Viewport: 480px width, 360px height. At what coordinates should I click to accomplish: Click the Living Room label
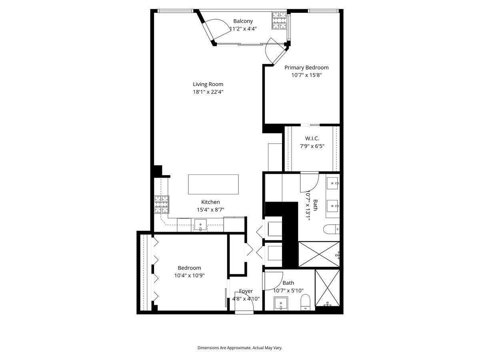pyautogui.click(x=208, y=84)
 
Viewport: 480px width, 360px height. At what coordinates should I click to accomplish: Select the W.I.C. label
pyautogui.click(x=312, y=138)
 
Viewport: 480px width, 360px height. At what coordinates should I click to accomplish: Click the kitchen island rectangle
pyautogui.click(x=213, y=184)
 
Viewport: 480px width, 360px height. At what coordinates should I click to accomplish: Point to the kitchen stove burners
pyautogui.click(x=162, y=204)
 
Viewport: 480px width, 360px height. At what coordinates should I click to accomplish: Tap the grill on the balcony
pyautogui.click(x=280, y=21)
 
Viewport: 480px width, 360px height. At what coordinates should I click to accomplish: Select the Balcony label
pyautogui.click(x=243, y=21)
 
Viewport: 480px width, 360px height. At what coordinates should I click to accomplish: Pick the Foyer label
pyautogui.click(x=246, y=291)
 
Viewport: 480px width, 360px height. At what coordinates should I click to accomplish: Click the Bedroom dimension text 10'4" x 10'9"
pyautogui.click(x=189, y=275)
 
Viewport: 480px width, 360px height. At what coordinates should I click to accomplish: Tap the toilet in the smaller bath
pyautogui.click(x=306, y=303)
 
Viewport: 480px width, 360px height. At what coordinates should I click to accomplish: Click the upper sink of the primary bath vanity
pyautogui.click(x=333, y=184)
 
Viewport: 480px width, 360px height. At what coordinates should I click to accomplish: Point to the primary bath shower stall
pyautogui.click(x=319, y=254)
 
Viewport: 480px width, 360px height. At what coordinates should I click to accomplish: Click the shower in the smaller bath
pyautogui.click(x=328, y=289)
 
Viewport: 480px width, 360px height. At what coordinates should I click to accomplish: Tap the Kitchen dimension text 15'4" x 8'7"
pyautogui.click(x=210, y=209)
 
